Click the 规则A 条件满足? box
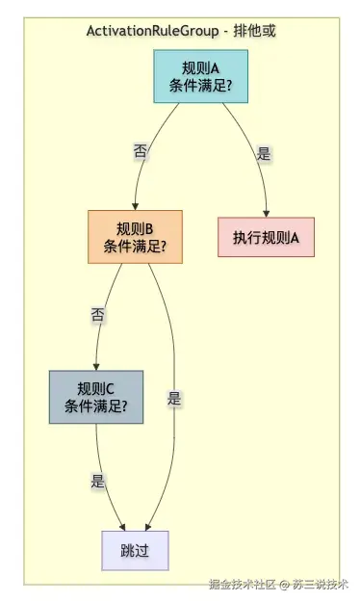[201, 76]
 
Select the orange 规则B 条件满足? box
[135, 237]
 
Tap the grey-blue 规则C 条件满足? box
[96, 397]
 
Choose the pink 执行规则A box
[266, 237]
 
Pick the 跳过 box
[135, 551]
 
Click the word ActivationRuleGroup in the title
[152, 31]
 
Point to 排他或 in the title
[254, 31]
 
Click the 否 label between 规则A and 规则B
[141, 150]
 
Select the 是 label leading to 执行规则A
[264, 153]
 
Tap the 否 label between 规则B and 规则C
[97, 315]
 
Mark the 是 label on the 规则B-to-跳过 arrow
[174, 398]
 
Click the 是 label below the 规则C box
[98, 481]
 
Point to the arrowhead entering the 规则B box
[135, 207]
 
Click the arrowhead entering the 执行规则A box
[266, 214]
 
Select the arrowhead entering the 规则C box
[96, 367]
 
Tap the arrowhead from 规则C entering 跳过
[123, 528]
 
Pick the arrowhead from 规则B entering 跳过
[148, 528]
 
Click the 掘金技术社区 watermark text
[243, 585]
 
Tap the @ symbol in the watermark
[284, 585]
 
